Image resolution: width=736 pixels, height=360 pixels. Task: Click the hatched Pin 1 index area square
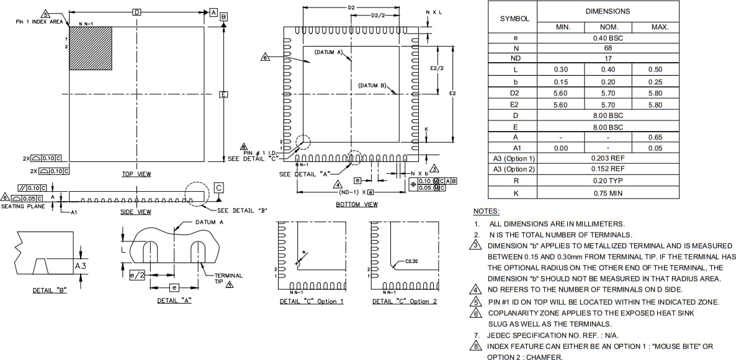click(91, 48)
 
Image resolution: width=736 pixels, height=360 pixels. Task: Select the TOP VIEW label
click(136, 174)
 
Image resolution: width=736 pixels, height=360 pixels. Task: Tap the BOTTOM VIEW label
click(357, 204)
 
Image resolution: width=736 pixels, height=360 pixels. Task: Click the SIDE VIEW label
click(136, 212)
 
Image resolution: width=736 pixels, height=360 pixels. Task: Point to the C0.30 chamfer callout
click(411, 261)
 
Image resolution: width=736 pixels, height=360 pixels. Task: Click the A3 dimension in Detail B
click(80, 266)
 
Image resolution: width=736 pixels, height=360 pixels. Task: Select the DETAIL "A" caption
click(174, 300)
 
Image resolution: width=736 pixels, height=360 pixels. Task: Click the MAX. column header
click(659, 27)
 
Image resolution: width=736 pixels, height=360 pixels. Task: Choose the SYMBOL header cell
click(514, 19)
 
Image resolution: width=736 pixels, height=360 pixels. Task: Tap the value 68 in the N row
click(608, 48)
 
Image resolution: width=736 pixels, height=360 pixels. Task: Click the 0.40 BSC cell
click(608, 38)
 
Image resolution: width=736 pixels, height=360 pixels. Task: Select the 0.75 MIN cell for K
click(608, 193)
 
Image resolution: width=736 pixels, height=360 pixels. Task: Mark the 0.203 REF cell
click(608, 158)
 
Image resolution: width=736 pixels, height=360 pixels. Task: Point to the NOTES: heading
click(487, 212)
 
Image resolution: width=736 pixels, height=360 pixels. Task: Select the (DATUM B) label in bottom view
click(373, 85)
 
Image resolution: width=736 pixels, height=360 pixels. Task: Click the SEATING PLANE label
click(23, 206)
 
